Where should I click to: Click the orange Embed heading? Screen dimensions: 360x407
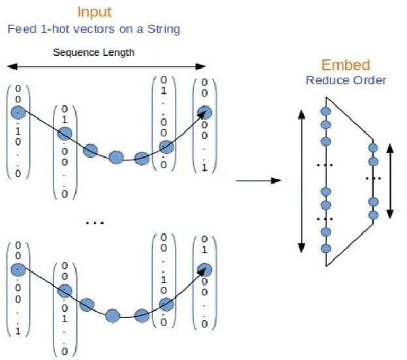click(x=346, y=65)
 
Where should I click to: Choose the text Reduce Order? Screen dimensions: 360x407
click(x=346, y=80)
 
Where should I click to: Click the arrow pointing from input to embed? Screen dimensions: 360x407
click(x=258, y=180)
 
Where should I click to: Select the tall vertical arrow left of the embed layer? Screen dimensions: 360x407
click(x=301, y=181)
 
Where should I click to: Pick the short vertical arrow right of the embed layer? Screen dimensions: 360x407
click(x=390, y=181)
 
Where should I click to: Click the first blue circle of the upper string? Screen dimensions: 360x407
click(x=19, y=112)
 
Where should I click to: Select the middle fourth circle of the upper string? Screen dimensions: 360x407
click(x=116, y=157)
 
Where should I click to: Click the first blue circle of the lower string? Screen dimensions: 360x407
click(x=19, y=269)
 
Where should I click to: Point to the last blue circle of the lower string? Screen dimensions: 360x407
click(x=205, y=269)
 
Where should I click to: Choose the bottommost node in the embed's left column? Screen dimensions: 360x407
click(x=325, y=248)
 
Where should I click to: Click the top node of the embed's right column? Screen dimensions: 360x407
click(x=372, y=147)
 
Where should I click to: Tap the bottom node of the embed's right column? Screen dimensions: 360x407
click(x=372, y=215)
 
